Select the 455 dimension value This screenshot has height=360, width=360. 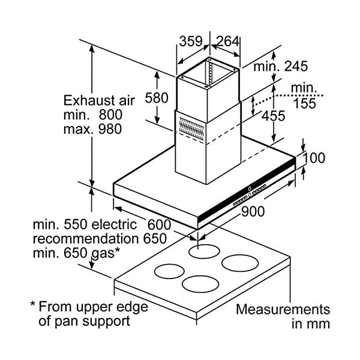coord(273,116)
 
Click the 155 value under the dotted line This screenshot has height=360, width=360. coord(304,103)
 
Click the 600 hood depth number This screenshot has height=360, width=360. coord(159,225)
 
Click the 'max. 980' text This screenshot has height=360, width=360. coord(93,128)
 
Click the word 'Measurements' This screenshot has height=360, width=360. coord(283,310)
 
